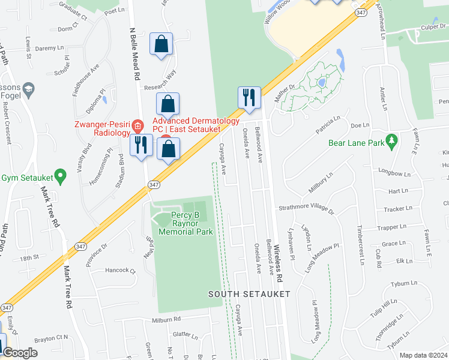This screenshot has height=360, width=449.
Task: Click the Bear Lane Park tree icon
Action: tap(393, 140)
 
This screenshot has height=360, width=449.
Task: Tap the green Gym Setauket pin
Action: tap(59, 176)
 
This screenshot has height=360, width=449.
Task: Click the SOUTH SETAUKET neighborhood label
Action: tap(249, 294)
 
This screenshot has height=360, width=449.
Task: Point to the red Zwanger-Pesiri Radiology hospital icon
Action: tap(138, 126)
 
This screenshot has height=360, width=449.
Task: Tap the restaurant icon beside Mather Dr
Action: tap(249, 97)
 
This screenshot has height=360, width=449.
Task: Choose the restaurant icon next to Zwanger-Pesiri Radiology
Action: tap(141, 145)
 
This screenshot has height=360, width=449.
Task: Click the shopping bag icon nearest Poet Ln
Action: tap(161, 44)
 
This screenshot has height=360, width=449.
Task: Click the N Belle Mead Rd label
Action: tap(134, 54)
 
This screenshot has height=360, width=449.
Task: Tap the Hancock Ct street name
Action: tap(121, 271)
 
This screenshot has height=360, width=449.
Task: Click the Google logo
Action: tap(20, 353)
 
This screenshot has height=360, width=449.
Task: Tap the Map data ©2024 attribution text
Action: tap(423, 355)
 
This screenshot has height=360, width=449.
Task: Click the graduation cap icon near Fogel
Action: tap(28, 90)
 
